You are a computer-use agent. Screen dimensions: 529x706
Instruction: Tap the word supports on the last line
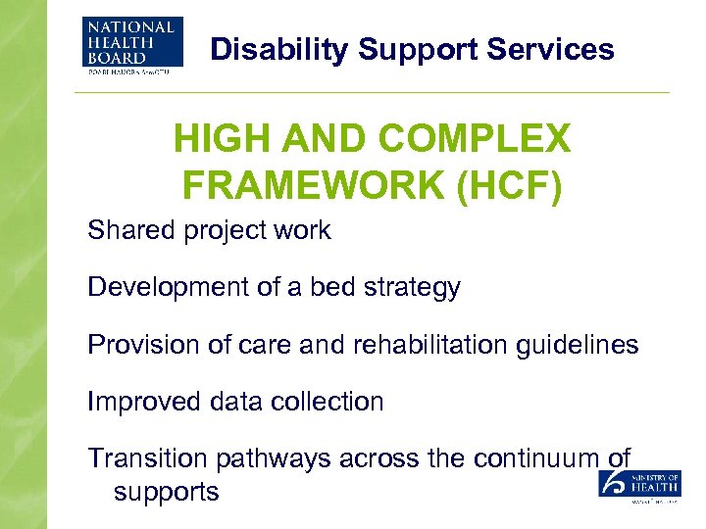[166, 491]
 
